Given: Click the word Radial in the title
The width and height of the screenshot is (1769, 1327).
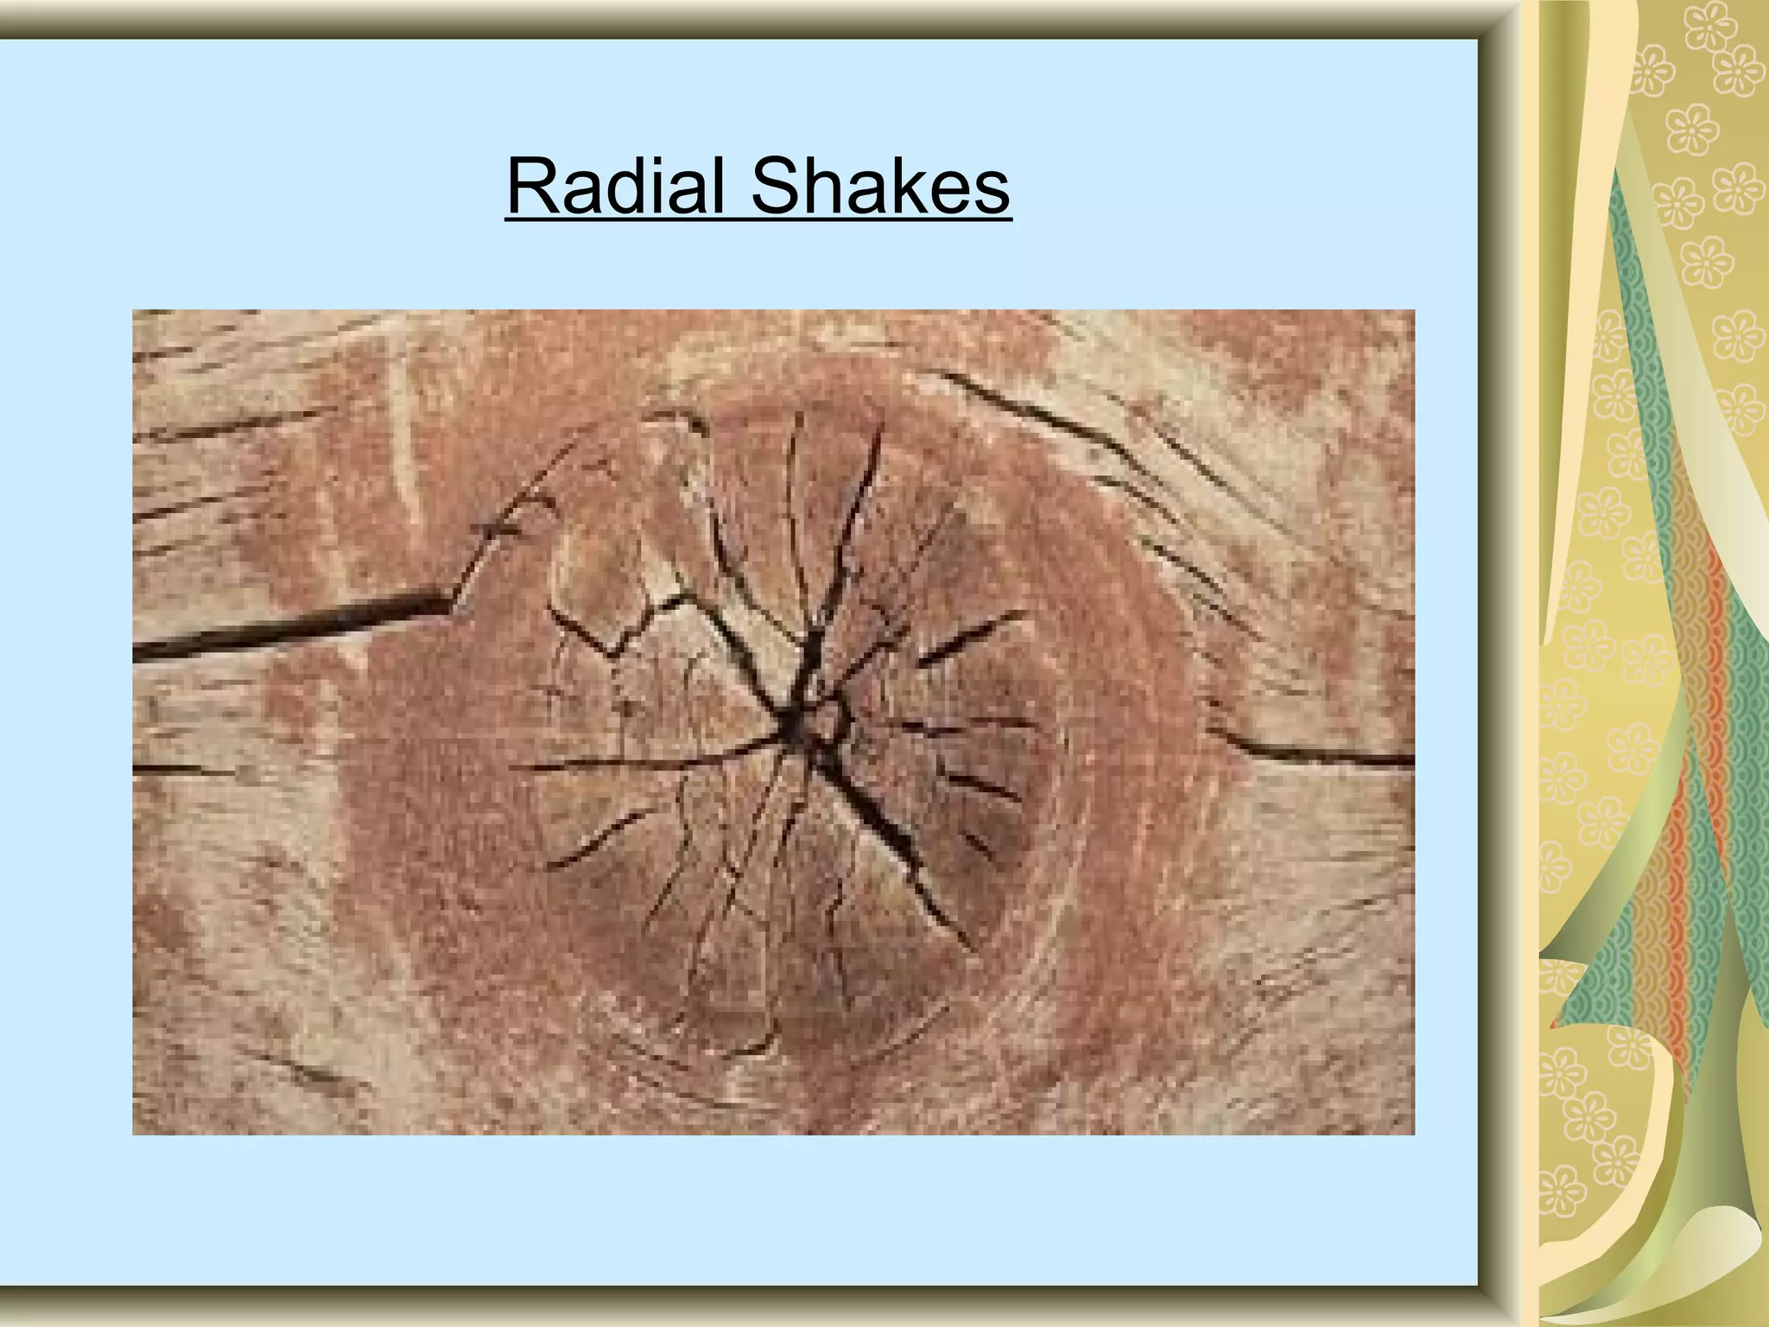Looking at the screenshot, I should [615, 187].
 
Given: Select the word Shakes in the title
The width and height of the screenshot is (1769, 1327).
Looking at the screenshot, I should [879, 187].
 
